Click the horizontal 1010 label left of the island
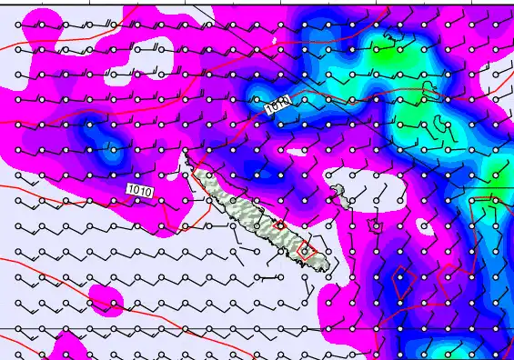coord(140,190)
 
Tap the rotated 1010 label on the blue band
coord(278,106)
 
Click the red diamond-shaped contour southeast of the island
coord(402,282)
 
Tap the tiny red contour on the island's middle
coord(280,225)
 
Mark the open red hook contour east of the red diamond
coord(448,273)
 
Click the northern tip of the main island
coord(187,155)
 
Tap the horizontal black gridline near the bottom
coord(182,328)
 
